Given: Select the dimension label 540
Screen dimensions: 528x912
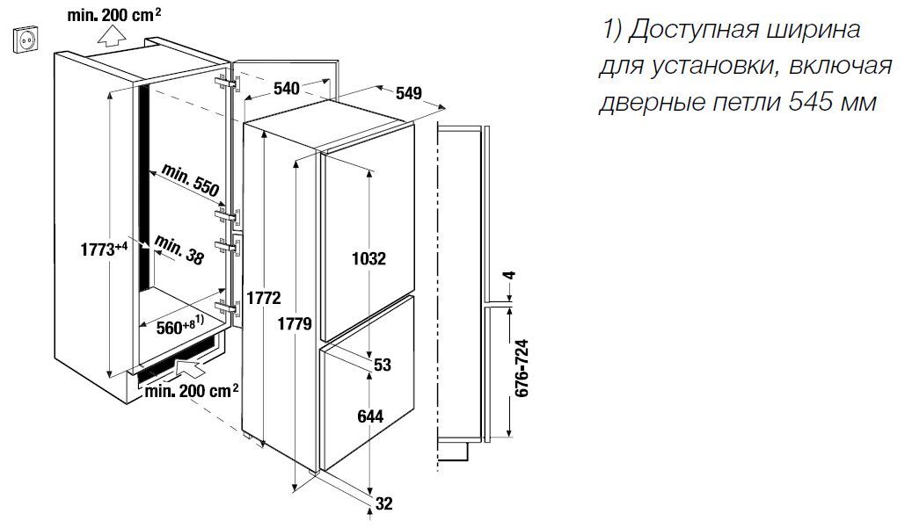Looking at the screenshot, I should tap(287, 87).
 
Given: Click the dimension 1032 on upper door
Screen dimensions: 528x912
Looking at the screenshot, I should tap(368, 259).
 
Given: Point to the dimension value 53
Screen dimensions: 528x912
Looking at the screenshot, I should tap(382, 364).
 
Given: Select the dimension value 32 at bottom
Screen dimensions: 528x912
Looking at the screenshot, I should tap(383, 503).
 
